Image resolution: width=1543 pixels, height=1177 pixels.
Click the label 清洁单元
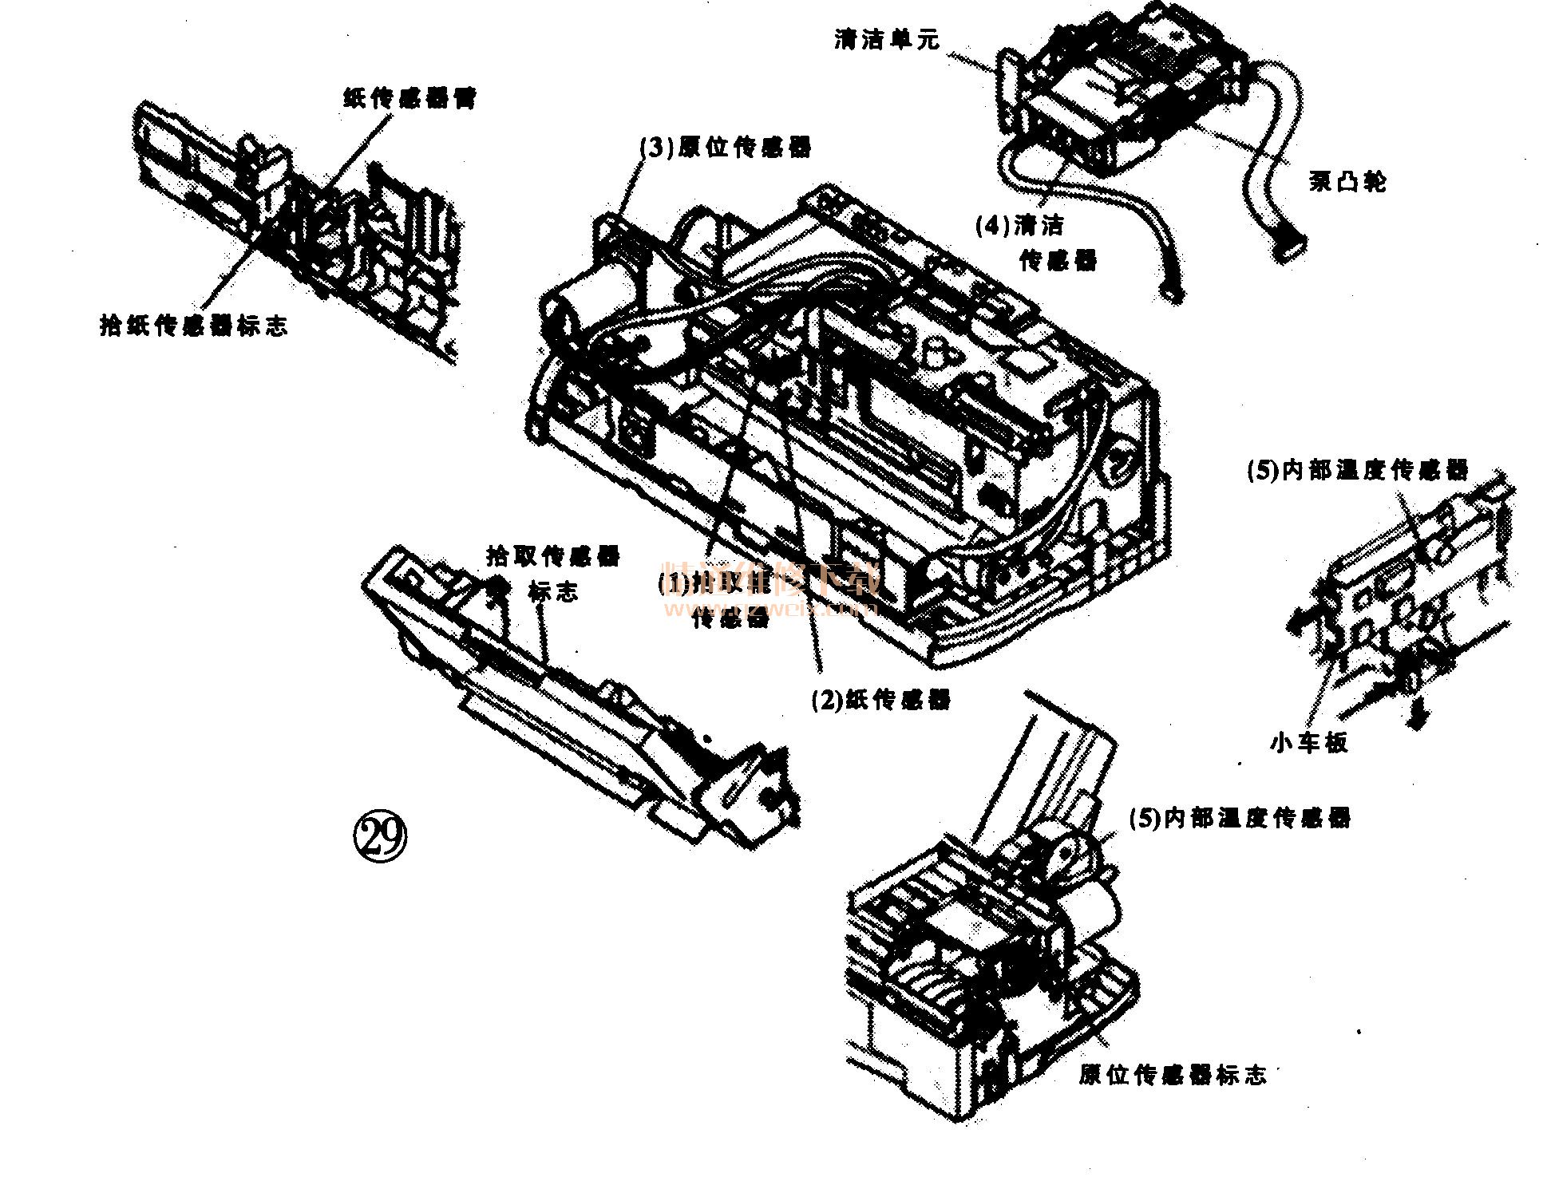click(887, 40)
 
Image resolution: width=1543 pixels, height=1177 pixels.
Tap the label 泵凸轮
click(1347, 183)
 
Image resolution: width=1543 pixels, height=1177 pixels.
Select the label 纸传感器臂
click(410, 100)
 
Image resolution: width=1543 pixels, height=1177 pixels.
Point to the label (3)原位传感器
click(726, 147)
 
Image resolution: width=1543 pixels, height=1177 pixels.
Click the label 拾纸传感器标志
click(193, 326)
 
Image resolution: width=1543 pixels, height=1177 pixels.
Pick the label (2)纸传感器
click(881, 700)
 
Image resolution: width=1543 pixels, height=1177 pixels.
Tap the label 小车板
click(1309, 743)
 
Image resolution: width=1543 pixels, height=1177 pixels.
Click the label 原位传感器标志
click(1173, 1075)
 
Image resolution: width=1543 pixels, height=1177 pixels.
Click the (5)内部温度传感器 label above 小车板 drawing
click(1358, 469)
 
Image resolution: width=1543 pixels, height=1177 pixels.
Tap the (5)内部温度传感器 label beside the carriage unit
click(1240, 818)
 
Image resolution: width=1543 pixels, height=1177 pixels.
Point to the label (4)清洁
click(1020, 227)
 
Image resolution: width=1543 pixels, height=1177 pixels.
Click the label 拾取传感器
click(553, 555)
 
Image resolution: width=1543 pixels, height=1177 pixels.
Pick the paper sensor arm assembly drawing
click(295, 231)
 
